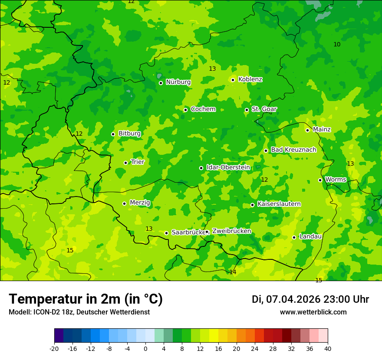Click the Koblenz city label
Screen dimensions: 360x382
[x=250, y=79]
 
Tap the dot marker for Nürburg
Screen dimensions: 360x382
[x=161, y=83]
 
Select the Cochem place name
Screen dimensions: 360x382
[x=203, y=109]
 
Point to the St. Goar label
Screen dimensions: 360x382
[x=264, y=109]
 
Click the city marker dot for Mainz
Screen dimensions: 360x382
[x=307, y=130]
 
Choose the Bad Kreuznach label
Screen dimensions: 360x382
[x=293, y=150]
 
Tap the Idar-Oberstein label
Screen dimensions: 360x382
[x=228, y=167]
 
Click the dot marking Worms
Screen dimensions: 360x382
[x=320, y=180]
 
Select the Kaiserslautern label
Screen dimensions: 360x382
[x=279, y=204]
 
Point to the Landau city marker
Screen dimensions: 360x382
[x=294, y=237]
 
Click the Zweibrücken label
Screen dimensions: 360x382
[x=231, y=231]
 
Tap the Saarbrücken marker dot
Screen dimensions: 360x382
[x=166, y=233]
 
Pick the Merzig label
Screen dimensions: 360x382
[x=140, y=203]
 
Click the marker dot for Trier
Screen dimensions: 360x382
[x=125, y=163]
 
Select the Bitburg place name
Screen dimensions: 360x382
[x=129, y=134]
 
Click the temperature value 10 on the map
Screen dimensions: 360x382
[x=337, y=45]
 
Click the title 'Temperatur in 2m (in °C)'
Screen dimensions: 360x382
[x=86, y=299]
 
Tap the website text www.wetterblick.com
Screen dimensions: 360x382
[x=313, y=312]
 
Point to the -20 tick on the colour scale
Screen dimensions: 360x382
[x=54, y=348]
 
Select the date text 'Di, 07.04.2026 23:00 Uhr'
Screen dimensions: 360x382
[x=310, y=299]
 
